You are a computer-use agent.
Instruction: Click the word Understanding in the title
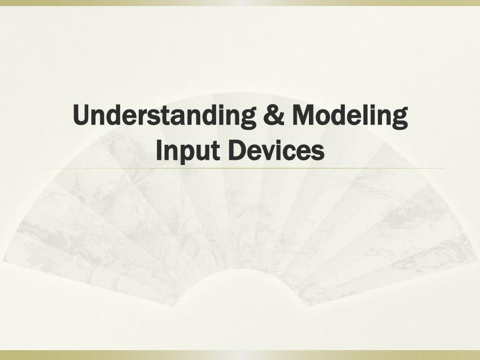pyautogui.click(x=165, y=116)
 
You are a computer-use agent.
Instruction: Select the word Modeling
pyautogui.click(x=350, y=116)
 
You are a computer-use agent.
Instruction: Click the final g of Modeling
pyautogui.click(x=400, y=119)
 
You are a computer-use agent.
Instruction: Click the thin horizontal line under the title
pyautogui.click(x=240, y=168)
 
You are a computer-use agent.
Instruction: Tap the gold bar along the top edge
pyautogui.click(x=240, y=2)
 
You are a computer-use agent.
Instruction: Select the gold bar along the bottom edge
pyautogui.click(x=240, y=355)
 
